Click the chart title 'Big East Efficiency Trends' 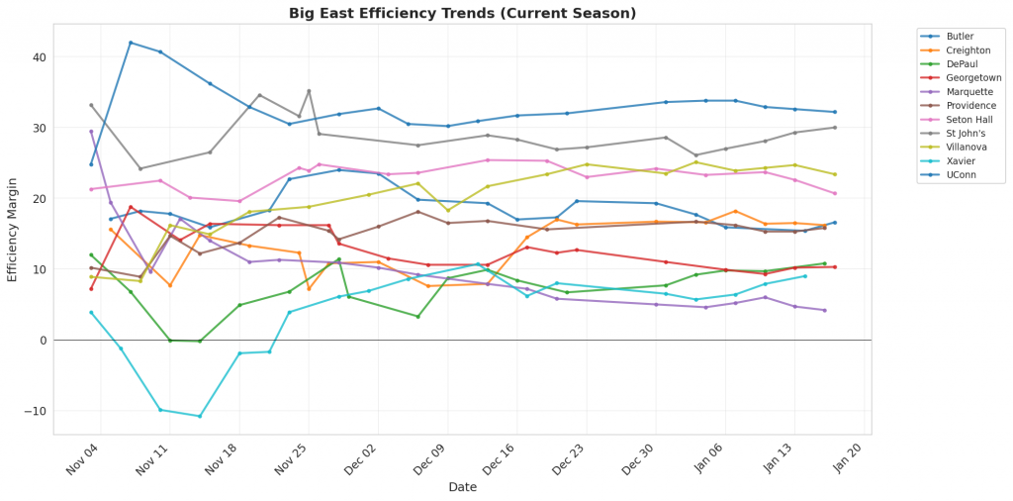pos(462,13)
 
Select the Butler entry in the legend pos(961,36)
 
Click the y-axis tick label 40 pos(40,57)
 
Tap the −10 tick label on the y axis pos(36,411)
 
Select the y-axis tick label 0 pos(44,341)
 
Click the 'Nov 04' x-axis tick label pos(82,463)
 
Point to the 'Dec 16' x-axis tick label pos(500,463)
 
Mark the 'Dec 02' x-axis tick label pos(360,463)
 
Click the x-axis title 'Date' pos(462,487)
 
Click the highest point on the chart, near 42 pos(131,43)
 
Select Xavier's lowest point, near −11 pos(200,416)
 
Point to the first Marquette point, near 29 pos(91,132)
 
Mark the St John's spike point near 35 pos(309,91)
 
